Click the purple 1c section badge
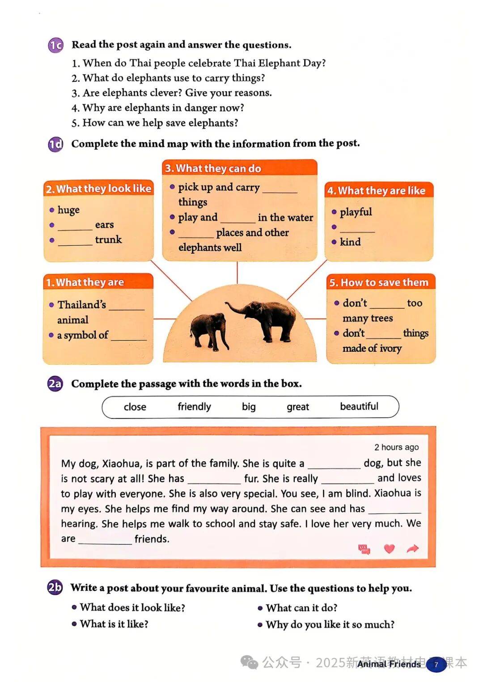point(56,45)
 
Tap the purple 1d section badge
point(56,144)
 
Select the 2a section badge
point(55,384)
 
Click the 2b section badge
point(55,587)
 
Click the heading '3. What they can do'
point(213,168)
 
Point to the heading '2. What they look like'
point(99,189)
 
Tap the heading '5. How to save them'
point(379,282)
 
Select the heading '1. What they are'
point(85,282)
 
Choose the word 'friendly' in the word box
point(194,407)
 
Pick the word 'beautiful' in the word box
point(359,406)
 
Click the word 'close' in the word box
point(135,407)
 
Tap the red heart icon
point(390,548)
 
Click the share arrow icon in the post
point(413,548)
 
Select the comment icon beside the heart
point(364,549)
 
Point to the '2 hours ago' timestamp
point(396,447)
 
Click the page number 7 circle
point(436,665)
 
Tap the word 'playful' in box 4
point(356,212)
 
